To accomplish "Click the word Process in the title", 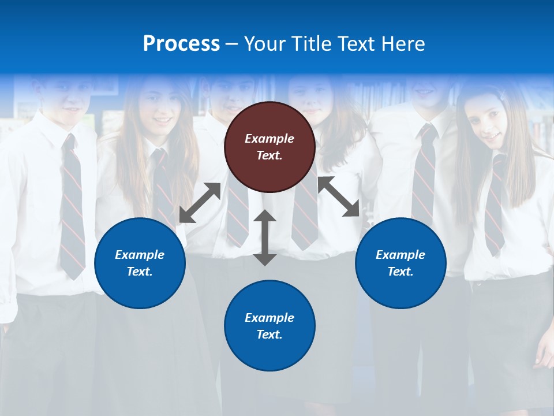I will pos(181,44).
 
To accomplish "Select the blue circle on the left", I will pos(140,263).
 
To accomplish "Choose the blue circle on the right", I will pos(400,263).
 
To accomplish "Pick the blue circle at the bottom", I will pos(269,326).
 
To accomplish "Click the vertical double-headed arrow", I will pos(265,237).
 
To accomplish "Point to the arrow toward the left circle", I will pos(200,202).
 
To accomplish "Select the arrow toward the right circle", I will pos(339,196).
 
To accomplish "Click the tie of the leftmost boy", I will pos(72,208).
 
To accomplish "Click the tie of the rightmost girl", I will pos(494,208).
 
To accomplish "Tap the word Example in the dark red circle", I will pos(269,139).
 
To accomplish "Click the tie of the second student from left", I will pos(162,185).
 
